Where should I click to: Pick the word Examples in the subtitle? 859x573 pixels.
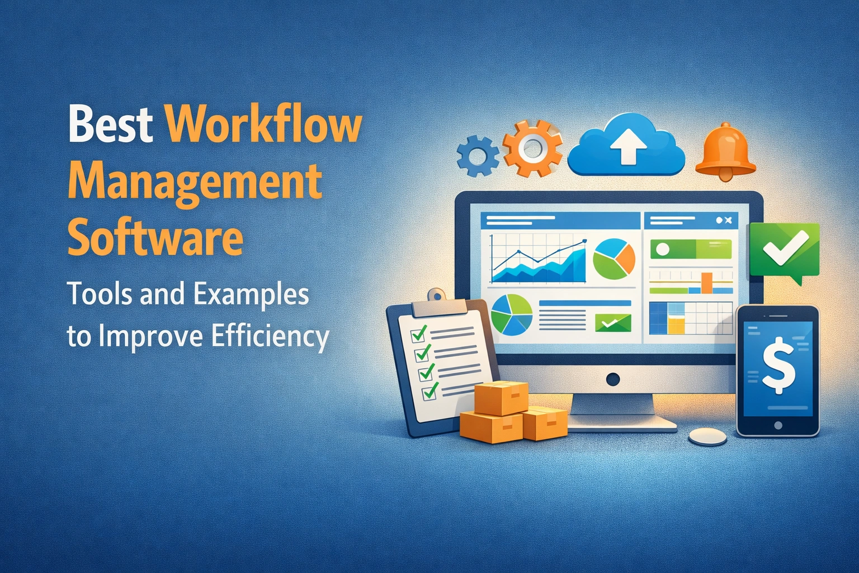pos(249,294)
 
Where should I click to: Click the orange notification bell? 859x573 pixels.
pos(725,152)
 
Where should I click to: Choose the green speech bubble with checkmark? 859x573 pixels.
pos(784,250)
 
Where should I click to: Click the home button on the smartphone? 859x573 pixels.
pos(778,426)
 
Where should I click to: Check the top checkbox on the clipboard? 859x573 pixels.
pos(418,334)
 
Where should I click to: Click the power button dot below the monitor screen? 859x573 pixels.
pos(613,379)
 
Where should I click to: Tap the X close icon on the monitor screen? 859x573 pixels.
pos(728,220)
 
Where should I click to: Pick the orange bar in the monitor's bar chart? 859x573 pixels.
pos(707,283)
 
